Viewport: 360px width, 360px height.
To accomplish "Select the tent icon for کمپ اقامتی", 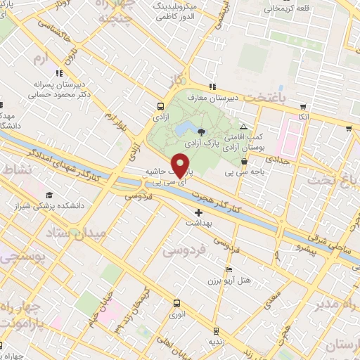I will click(243, 125).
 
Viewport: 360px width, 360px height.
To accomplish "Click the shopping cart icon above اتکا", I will click(303, 108).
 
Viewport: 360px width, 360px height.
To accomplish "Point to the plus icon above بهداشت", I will click(198, 212).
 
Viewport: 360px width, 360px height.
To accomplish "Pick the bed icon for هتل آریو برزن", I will click(228, 270).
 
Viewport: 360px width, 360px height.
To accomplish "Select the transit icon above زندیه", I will click(214, 330).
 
